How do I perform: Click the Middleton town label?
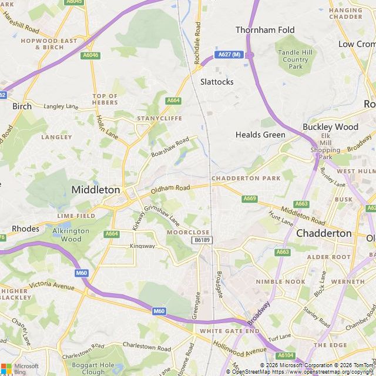click(95, 190)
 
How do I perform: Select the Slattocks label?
click(217, 82)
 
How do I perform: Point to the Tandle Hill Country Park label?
click(295, 59)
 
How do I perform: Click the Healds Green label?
click(260, 135)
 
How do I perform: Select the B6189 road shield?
click(202, 240)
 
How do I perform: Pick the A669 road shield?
click(250, 199)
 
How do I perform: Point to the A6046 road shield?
click(92, 55)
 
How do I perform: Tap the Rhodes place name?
click(25, 229)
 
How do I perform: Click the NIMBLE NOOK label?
click(280, 281)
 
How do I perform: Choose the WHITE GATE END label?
click(229, 331)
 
